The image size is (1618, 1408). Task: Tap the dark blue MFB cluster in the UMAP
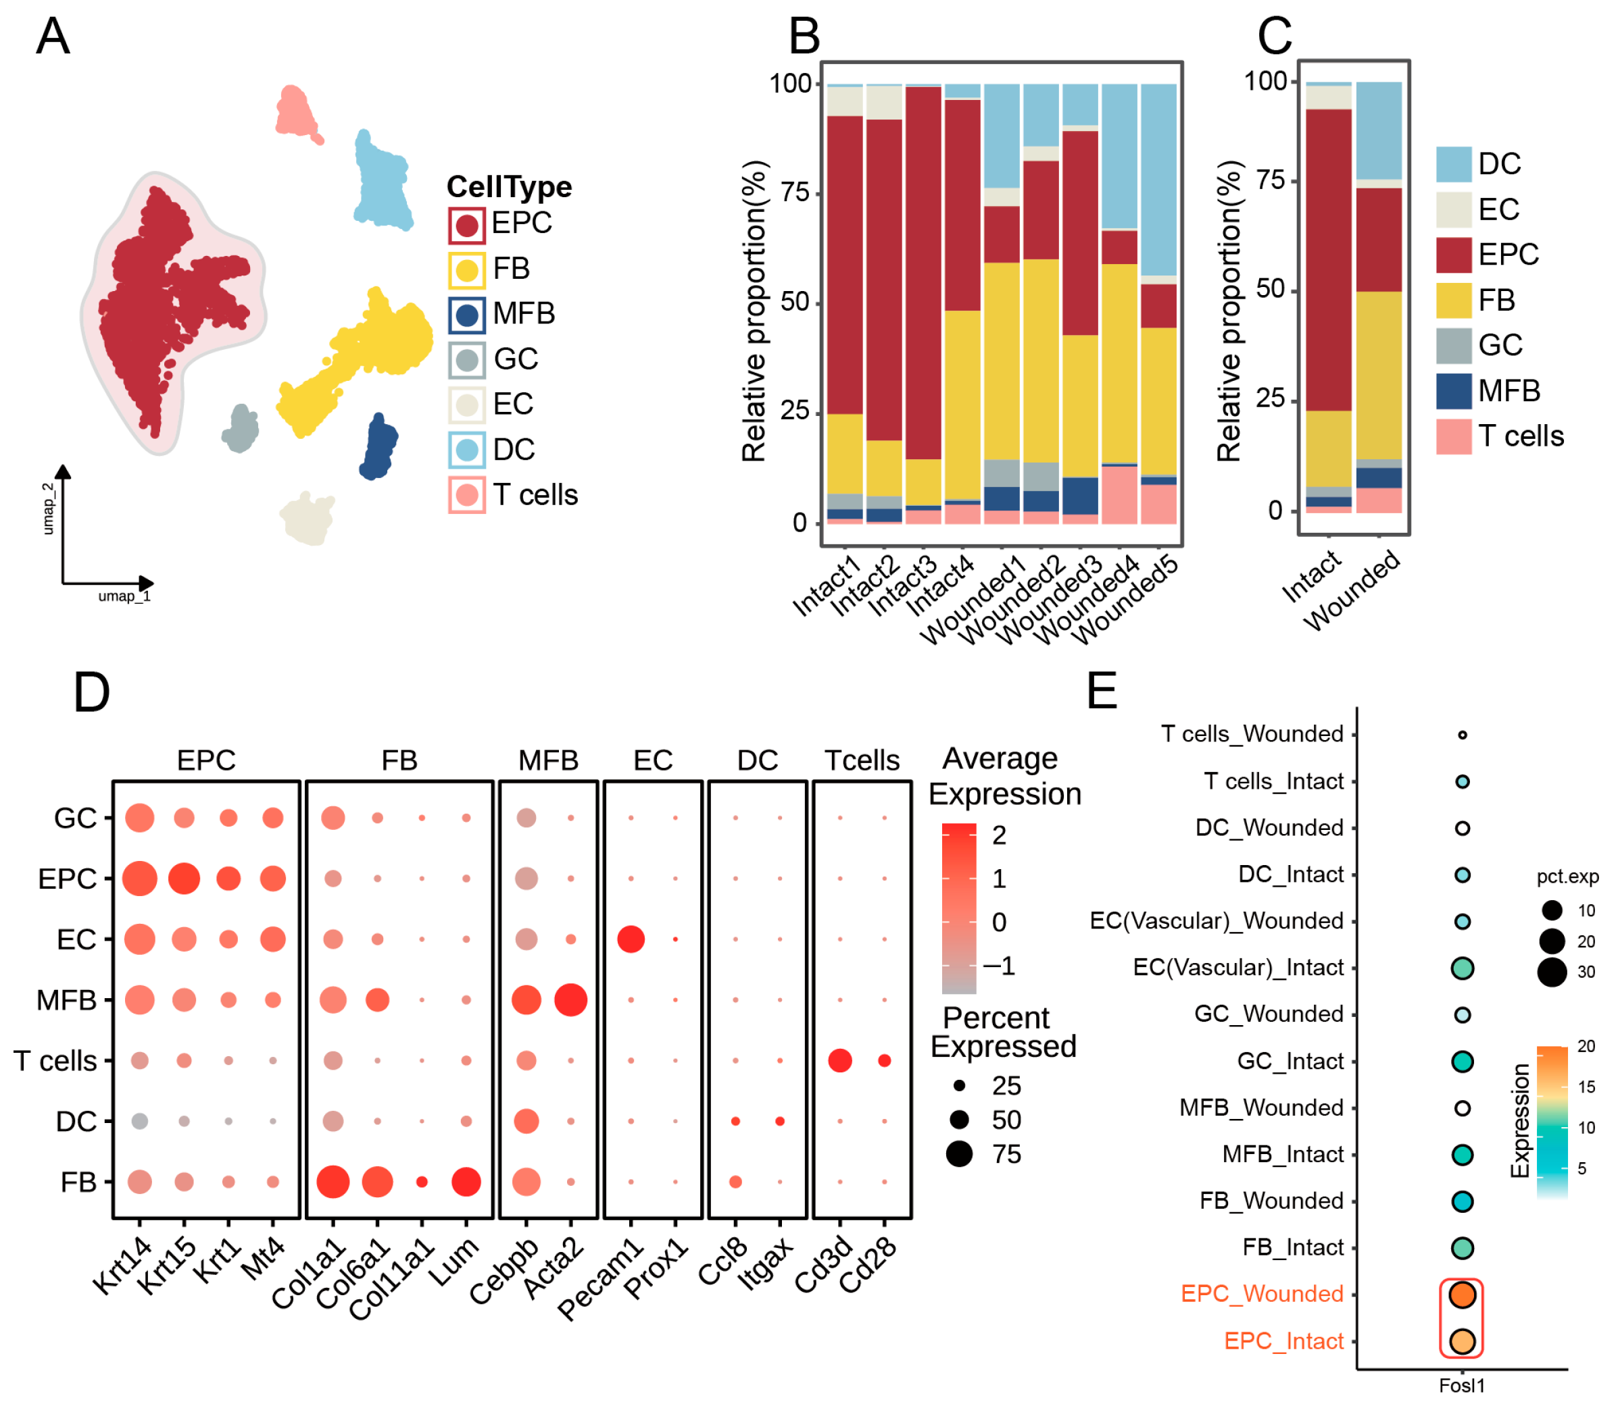click(x=379, y=447)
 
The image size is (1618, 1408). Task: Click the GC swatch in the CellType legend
click(x=467, y=361)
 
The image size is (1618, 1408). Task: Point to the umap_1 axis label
click(x=124, y=596)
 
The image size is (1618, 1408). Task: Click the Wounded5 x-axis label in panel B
click(x=1127, y=600)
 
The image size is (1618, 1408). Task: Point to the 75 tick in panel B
click(x=795, y=192)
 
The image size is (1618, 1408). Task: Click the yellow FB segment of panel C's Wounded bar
click(x=1379, y=375)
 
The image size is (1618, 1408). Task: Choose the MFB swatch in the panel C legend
click(x=1454, y=391)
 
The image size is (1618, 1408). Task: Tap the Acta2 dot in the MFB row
click(x=571, y=999)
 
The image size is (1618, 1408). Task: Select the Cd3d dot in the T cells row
click(x=839, y=1060)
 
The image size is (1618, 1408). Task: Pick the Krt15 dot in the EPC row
click(x=184, y=879)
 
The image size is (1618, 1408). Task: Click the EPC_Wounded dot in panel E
click(x=1463, y=1294)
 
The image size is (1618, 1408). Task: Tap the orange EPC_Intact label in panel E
click(x=1284, y=1341)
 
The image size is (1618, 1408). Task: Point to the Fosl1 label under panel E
click(x=1463, y=1385)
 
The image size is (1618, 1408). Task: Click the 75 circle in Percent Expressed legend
click(x=959, y=1154)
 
